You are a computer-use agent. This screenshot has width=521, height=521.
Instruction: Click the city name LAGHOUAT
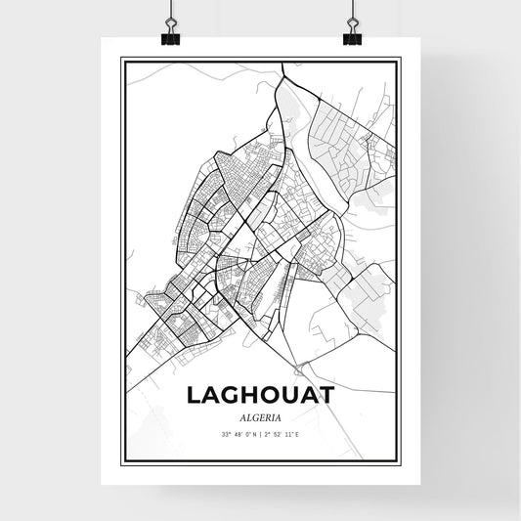tap(259, 394)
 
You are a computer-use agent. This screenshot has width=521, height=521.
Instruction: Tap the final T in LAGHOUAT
tap(326, 394)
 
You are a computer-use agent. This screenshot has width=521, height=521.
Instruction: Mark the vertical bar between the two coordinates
tap(260, 433)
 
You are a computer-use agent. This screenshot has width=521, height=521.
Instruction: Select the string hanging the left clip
tap(170, 12)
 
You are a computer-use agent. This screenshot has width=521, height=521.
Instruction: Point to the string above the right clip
tap(351, 12)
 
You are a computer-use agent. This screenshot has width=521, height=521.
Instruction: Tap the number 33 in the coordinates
tap(224, 433)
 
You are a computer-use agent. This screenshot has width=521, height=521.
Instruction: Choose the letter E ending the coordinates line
tap(297, 433)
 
